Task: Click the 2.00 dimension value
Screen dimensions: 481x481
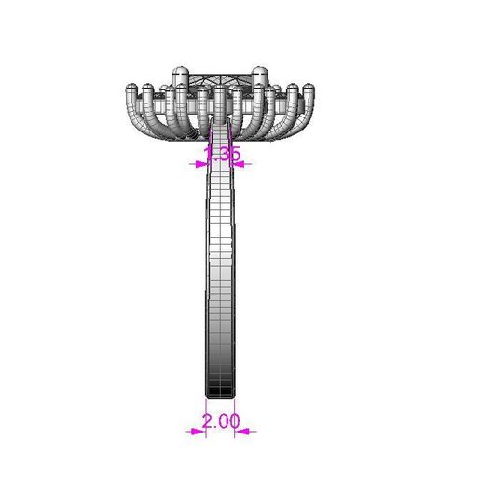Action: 221,421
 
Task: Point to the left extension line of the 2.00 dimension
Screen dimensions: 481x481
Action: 206,416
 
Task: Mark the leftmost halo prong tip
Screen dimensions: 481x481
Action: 131,90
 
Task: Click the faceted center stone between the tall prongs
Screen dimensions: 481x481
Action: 221,80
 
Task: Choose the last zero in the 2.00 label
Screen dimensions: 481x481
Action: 234,421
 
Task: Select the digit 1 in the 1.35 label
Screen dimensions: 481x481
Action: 208,153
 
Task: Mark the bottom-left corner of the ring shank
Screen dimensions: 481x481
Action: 206,396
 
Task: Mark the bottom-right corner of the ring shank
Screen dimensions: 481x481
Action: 234,396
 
